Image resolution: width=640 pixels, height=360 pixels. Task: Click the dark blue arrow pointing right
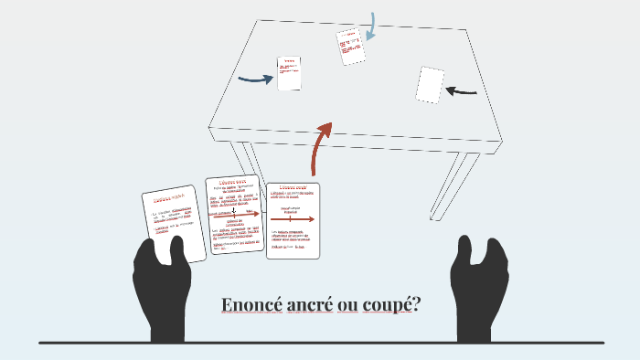click(x=256, y=79)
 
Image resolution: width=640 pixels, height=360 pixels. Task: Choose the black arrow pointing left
click(x=462, y=90)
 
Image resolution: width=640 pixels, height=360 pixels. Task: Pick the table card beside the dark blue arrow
click(x=289, y=73)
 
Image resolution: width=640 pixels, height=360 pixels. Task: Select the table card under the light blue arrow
click(x=350, y=46)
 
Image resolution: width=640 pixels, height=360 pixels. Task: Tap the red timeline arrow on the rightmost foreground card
click(x=293, y=219)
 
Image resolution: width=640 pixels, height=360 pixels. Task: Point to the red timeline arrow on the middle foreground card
click(x=235, y=214)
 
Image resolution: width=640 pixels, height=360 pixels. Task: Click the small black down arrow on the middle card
click(x=235, y=208)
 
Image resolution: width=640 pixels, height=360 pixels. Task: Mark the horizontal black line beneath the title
click(x=320, y=343)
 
